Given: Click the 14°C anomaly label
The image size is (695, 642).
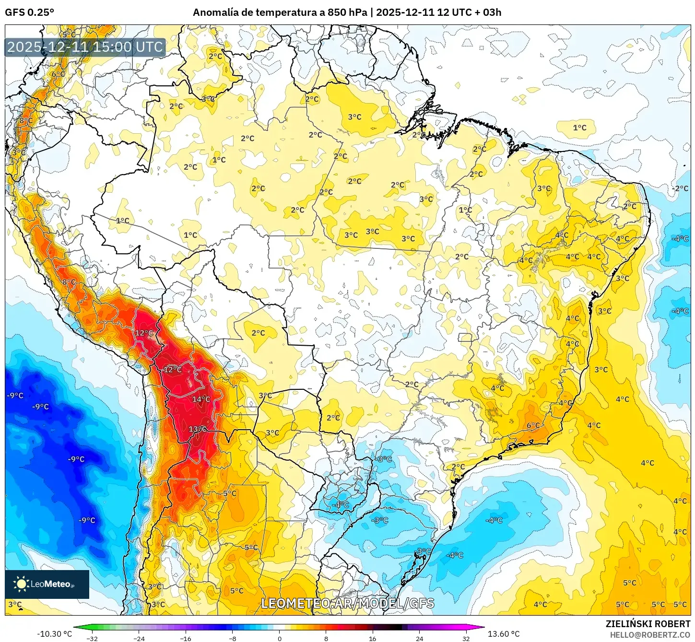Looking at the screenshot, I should point(201,399).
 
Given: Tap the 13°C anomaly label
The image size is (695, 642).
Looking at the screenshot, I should point(198,429).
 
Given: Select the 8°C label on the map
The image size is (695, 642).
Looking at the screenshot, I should point(69,282).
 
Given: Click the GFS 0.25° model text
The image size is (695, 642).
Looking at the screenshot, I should point(29,12).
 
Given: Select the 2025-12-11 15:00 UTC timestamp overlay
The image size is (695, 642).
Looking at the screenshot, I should point(85,47).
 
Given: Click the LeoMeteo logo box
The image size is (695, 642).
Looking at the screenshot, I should point(47,584).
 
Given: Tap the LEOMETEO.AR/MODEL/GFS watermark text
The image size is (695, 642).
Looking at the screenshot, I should point(347,603).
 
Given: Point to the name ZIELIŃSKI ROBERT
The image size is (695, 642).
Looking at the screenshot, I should point(648,624).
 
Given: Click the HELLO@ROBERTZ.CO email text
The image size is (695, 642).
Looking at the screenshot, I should point(650,635).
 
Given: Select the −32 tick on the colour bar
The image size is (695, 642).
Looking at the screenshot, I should point(92,638).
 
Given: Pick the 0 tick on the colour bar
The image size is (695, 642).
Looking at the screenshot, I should point(279,638).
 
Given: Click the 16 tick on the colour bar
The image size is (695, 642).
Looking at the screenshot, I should point(373,638).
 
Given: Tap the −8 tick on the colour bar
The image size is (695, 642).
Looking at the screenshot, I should point(232,638).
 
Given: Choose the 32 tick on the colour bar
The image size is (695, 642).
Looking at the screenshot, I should point(466,638).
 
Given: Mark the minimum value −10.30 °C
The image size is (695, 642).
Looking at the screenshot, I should point(54,634).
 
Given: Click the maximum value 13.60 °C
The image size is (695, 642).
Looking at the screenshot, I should point(504,634).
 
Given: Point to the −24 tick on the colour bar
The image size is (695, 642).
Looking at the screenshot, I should point(139,638).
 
